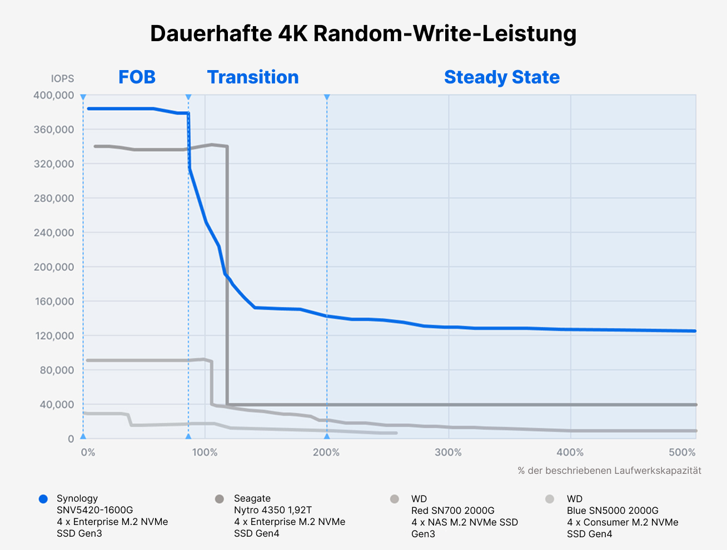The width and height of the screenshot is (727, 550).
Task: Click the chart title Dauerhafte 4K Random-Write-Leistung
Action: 363,33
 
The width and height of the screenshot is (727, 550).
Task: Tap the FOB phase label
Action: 137,77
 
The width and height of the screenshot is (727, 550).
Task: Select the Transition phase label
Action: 253,77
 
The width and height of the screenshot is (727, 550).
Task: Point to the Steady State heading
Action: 501,77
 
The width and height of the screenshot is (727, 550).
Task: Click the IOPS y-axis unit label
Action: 62,79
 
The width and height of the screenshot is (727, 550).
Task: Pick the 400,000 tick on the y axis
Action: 53,96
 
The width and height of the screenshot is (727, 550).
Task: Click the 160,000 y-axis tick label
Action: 53,301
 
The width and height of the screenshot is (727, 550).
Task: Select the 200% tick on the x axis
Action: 326,453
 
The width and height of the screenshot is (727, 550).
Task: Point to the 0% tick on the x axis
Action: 88,453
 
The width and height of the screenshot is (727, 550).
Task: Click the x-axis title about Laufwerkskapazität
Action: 609,470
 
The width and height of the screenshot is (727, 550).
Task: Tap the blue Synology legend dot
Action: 43,499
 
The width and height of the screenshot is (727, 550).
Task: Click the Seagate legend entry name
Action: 252,499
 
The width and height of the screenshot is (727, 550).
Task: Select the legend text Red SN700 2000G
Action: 452,511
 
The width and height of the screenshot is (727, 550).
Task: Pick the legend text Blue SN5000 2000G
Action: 613,511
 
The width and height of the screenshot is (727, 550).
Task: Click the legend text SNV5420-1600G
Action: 94,510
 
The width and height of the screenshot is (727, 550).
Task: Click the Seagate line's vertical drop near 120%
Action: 227,278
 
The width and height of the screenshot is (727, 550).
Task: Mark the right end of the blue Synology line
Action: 694,331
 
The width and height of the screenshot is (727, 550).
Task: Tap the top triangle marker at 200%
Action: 327,97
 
